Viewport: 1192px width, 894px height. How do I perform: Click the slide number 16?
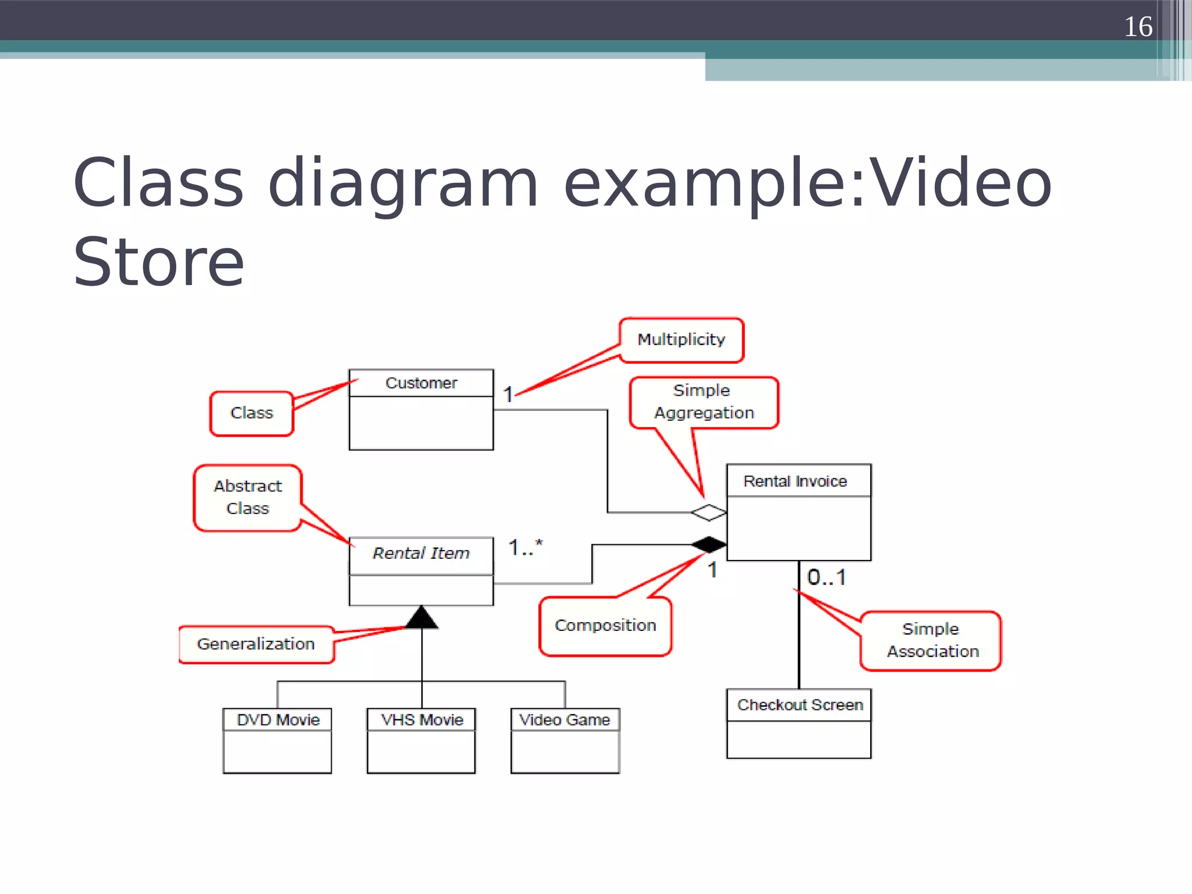(1137, 27)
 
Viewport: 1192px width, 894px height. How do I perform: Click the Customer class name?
(421, 383)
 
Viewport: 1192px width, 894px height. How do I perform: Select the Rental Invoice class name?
(795, 481)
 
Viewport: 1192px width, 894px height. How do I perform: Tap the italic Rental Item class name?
(421, 553)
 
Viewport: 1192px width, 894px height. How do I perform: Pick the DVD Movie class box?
(278, 740)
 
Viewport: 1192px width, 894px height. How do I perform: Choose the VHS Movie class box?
(421, 740)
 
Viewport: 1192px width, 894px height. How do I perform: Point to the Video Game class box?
(565, 740)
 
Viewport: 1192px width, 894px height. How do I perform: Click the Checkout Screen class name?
(800, 705)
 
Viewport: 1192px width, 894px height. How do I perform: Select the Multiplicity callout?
(682, 340)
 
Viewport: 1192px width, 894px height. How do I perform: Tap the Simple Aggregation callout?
(704, 402)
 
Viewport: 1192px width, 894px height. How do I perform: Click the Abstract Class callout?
(248, 497)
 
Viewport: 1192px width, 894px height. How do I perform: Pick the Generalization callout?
(256, 644)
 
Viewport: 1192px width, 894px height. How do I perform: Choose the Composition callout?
(605, 626)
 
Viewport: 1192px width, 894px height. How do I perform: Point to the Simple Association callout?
(932, 640)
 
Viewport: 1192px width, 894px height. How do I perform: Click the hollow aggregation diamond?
(709, 513)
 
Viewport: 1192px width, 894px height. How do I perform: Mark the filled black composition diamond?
(709, 545)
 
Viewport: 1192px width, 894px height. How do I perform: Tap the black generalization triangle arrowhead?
(421, 618)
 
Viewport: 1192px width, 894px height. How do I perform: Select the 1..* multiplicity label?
(525, 547)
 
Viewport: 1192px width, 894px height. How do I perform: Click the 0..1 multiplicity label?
(826, 577)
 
